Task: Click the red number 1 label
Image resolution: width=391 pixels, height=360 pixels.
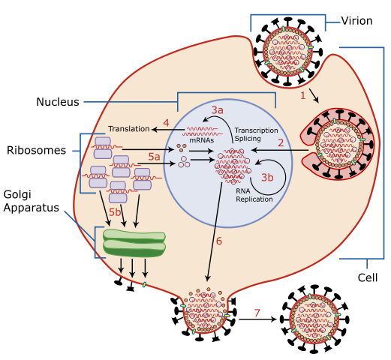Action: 303,96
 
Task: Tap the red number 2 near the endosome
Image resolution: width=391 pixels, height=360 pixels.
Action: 281,142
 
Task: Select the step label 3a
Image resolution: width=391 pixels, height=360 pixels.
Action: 217,110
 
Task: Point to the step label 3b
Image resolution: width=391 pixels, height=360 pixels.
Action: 267,177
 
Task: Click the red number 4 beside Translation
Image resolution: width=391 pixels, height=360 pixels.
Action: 166,122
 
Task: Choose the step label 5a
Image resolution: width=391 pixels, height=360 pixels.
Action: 154,156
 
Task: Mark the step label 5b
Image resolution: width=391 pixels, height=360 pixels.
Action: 115,212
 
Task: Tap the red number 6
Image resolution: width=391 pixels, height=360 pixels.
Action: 219,241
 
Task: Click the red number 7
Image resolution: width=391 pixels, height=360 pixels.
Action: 257,313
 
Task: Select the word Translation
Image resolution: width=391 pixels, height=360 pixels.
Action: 128,129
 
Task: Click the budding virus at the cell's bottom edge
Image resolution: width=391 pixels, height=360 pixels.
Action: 205,310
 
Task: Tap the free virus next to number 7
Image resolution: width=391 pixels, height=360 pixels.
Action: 314,319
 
